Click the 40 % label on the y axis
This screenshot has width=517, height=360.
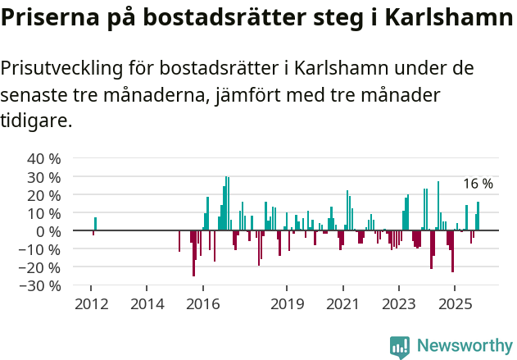click(x=44, y=158)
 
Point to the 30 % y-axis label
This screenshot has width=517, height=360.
click(x=44, y=177)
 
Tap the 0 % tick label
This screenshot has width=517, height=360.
click(x=48, y=231)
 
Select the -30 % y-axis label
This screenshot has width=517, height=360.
click(x=42, y=286)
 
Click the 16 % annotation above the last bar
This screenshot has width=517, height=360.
click(x=478, y=184)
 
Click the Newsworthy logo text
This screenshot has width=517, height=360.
click(x=465, y=346)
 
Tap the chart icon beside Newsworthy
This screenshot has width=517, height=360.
click(x=400, y=347)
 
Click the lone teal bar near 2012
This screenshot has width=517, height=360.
click(x=95, y=224)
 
